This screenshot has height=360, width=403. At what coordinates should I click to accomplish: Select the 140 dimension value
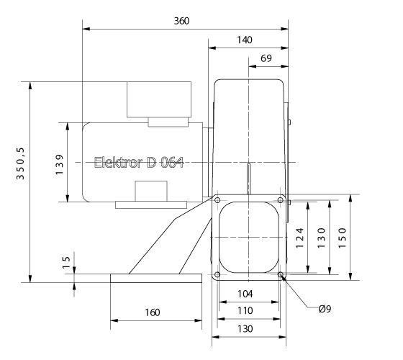244,40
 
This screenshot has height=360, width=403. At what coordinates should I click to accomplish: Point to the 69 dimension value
266,58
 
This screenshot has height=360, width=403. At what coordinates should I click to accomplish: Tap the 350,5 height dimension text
21,163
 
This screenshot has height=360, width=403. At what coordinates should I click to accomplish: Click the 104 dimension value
245,294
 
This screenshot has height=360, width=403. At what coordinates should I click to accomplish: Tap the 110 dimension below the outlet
245,310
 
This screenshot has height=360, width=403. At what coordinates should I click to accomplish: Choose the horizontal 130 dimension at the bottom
245,328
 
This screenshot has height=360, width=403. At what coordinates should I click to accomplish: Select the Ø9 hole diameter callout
325,310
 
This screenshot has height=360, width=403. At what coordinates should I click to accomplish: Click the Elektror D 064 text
139,162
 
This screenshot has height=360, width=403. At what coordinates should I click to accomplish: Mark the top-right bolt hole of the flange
280,200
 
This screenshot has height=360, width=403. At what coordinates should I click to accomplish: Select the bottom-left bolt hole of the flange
217,275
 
